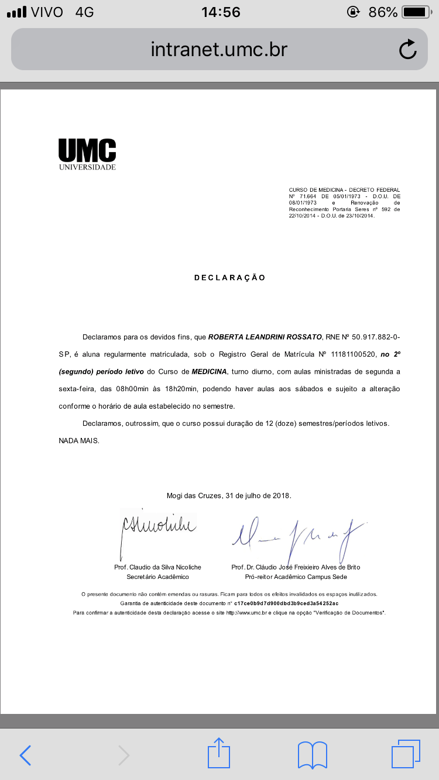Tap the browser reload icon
pyautogui.click(x=407, y=50)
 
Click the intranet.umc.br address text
pyautogui.click(x=219, y=50)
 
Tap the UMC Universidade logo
pyautogui.click(x=87, y=154)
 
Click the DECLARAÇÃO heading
pyautogui.click(x=230, y=278)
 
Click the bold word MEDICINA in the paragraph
pyautogui.click(x=210, y=371)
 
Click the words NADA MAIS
pyautogui.click(x=79, y=440)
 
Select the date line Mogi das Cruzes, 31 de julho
pyautogui.click(x=229, y=496)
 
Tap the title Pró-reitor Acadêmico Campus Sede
pyautogui.click(x=296, y=577)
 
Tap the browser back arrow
pyautogui.click(x=25, y=755)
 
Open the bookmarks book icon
pyautogui.click(x=312, y=755)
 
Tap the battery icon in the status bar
pyautogui.click(x=416, y=12)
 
